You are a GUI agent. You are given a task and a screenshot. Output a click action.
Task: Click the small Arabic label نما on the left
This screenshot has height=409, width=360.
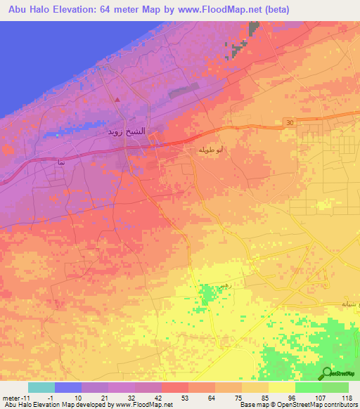click(61, 161)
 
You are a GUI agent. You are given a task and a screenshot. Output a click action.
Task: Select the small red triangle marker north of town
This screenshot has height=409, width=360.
click(117, 99)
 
